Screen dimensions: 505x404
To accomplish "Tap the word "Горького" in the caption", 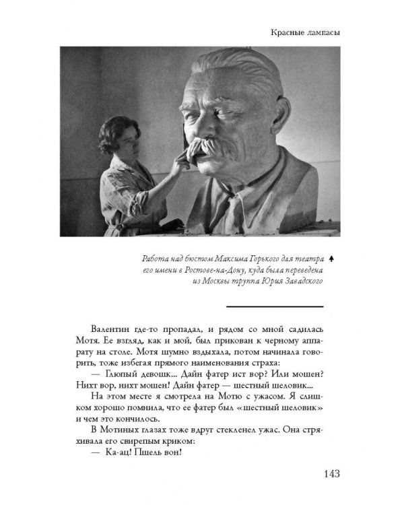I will [253, 259].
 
